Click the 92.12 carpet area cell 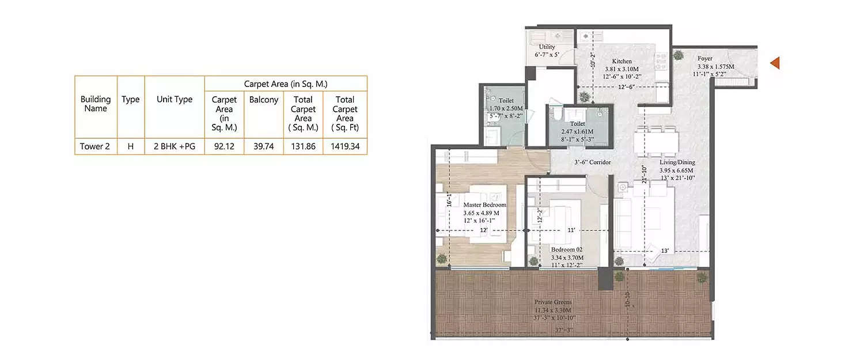point(224,146)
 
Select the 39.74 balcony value point(264,146)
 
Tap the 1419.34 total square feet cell point(345,146)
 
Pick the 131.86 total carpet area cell point(304,146)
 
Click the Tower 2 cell point(95,146)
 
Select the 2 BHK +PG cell point(175,146)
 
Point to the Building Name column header point(95,104)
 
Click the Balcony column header point(264,100)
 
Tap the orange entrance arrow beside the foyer point(775,63)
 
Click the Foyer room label point(705,58)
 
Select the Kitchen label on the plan point(622,61)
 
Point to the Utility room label point(547,47)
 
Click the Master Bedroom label point(485,205)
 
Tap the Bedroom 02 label point(567,249)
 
